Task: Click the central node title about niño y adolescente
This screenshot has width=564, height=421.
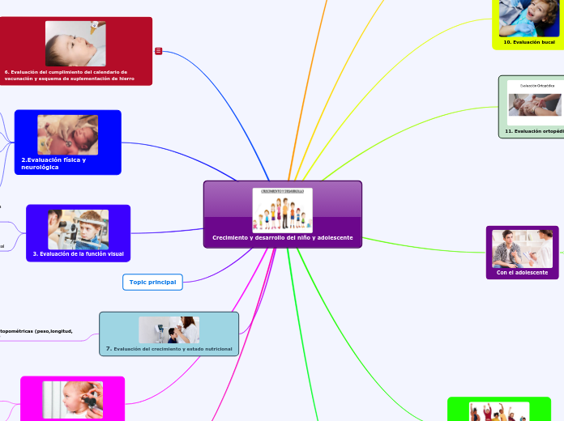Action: point(282,237)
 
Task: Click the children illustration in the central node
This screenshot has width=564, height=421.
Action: point(282,210)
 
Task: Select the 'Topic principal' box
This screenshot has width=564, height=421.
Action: point(152,282)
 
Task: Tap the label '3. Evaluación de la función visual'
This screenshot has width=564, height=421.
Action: point(78,253)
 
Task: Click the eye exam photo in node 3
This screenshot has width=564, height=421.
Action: point(78,229)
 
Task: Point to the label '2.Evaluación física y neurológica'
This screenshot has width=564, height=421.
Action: point(53,164)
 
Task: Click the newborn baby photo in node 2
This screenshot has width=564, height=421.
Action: point(67,134)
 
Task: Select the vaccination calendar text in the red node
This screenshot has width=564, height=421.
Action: point(70,75)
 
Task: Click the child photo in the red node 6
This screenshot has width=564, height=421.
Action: point(75,43)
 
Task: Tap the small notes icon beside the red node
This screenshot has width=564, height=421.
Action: point(158,51)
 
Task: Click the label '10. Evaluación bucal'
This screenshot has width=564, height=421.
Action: point(529,41)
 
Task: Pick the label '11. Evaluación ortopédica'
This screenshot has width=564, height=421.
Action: point(533,130)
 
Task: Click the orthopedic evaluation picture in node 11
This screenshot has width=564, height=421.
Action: point(534,102)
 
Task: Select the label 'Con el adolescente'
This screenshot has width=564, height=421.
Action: point(522,272)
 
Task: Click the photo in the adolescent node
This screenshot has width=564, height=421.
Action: point(522,248)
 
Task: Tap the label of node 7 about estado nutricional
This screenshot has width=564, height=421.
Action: point(169,348)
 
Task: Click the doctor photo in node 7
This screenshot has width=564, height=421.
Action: point(169,330)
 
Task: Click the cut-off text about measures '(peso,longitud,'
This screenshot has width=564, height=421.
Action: point(36,330)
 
